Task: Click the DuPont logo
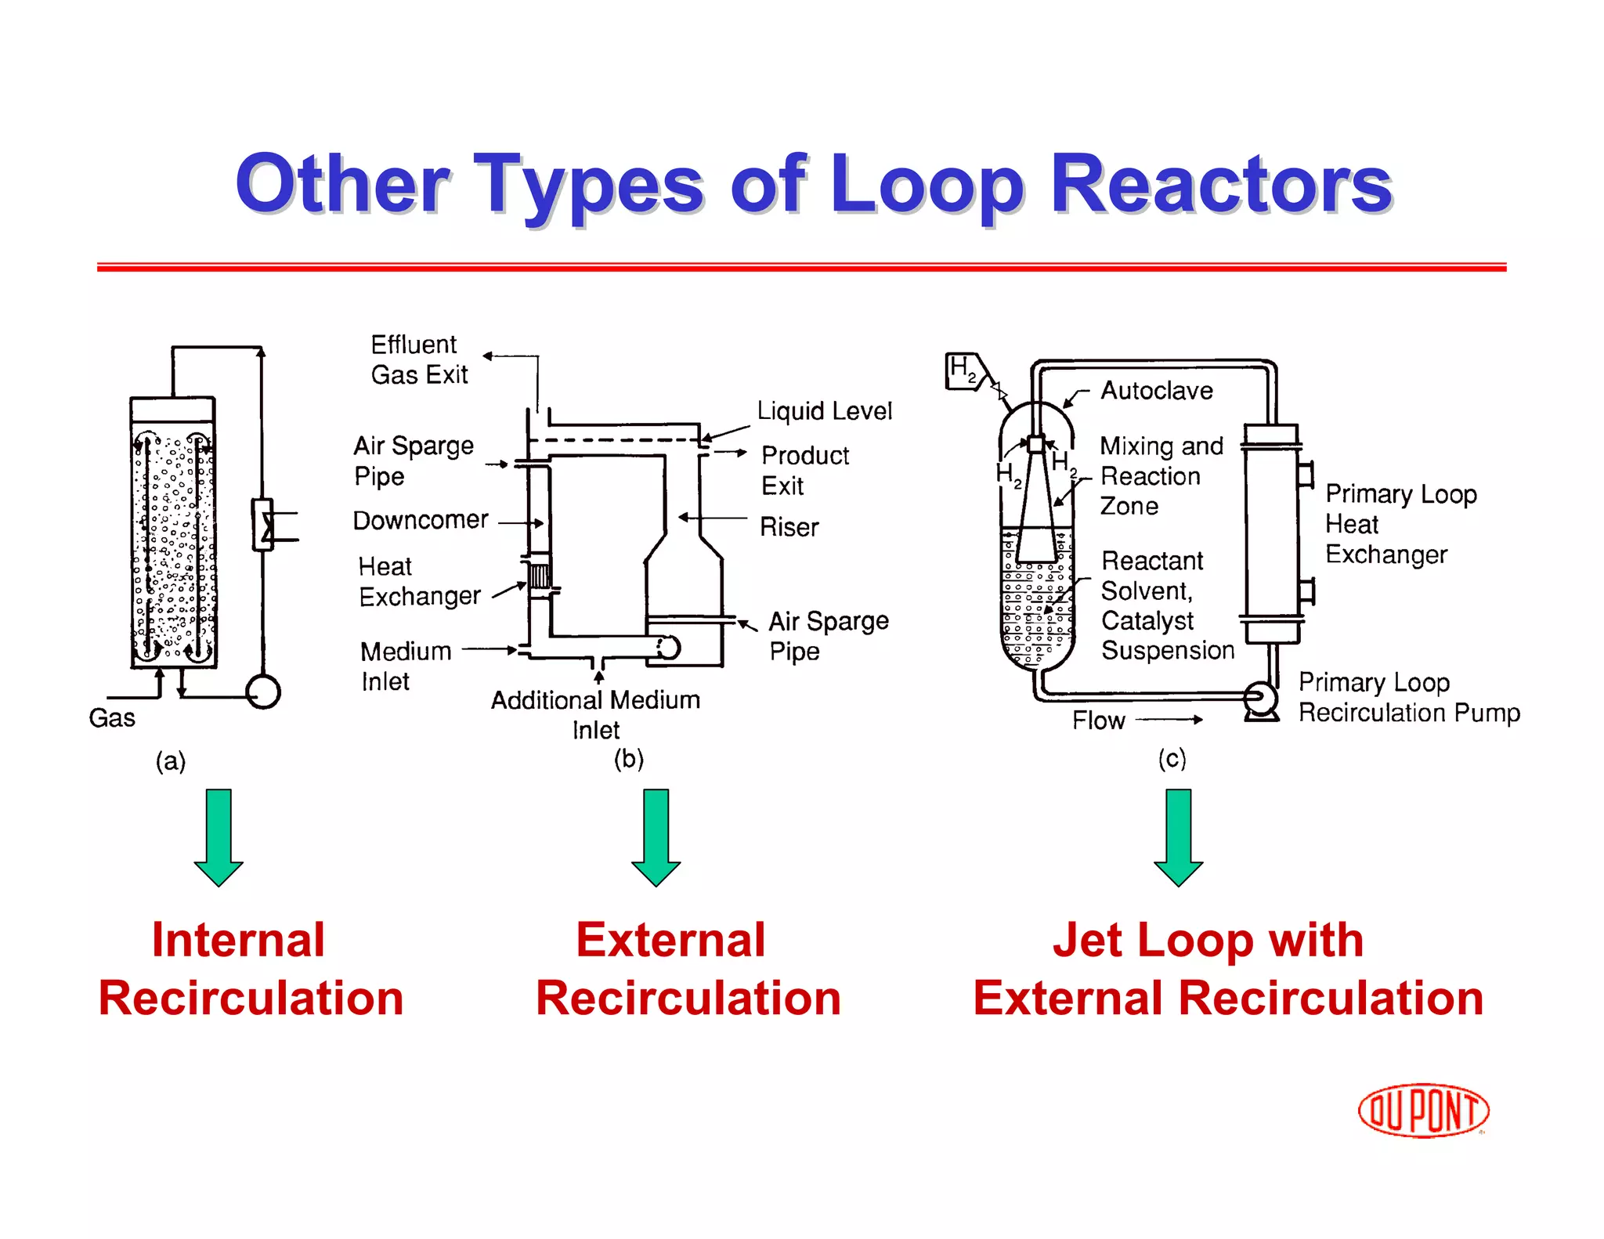pos(1423,1111)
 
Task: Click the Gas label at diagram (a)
pos(112,717)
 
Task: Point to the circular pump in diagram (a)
pos(263,692)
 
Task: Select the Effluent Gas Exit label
pos(419,359)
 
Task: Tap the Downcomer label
pos(421,520)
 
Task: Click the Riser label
pos(789,527)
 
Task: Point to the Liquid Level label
pos(824,411)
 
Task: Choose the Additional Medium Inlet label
pos(595,714)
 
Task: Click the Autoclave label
pos(1156,390)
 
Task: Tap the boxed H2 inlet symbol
pos(964,370)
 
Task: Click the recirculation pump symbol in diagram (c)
pos(1260,698)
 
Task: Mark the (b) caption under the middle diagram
pos(628,758)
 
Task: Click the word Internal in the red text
pos(238,940)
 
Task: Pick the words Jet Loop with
pos(1207,940)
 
